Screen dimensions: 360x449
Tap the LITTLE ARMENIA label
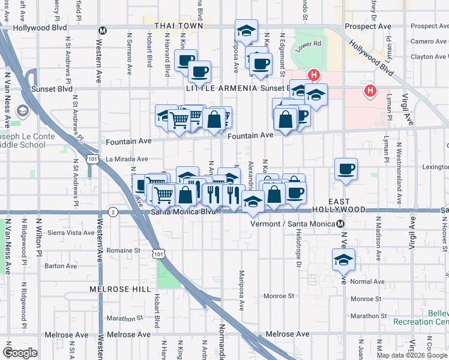[x=221, y=88]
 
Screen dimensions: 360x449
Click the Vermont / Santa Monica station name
[x=293, y=224]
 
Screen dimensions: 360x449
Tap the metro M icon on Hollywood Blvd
[x=103, y=31]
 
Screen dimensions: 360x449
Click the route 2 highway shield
[x=113, y=212]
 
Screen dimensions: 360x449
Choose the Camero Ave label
[x=430, y=41]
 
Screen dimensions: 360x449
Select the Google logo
[x=20, y=353]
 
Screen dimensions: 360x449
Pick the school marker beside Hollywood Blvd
[x=245, y=30]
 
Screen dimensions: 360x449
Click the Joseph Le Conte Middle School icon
[x=23, y=111]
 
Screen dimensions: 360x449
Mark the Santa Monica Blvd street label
[x=183, y=212]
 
